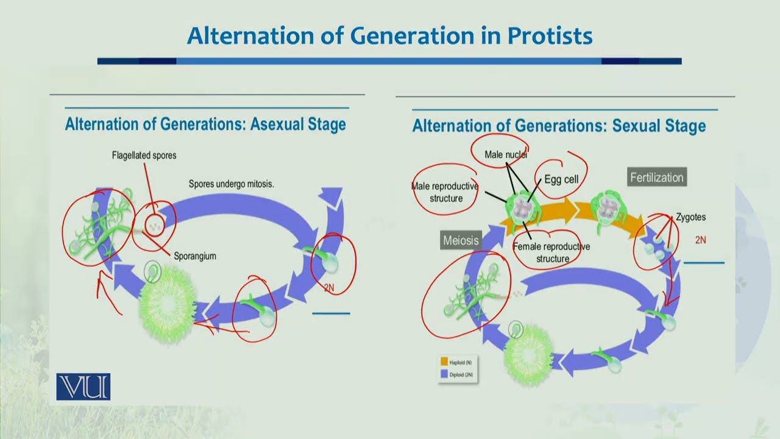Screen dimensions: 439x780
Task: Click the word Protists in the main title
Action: coord(550,37)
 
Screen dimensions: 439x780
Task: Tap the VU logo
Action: coord(83,387)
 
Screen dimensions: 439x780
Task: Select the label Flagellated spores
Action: coord(144,155)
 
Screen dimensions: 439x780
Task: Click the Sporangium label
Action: coord(194,256)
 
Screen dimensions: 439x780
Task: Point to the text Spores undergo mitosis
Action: coord(231,183)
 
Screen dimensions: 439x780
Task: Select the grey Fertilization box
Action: coord(657,177)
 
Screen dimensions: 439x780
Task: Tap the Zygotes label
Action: coord(690,217)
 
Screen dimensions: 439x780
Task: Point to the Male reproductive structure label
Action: coord(445,192)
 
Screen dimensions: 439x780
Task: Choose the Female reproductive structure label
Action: coord(551,252)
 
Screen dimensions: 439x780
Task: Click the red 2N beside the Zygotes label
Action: coord(701,240)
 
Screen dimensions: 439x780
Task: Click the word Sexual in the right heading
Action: coord(636,126)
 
